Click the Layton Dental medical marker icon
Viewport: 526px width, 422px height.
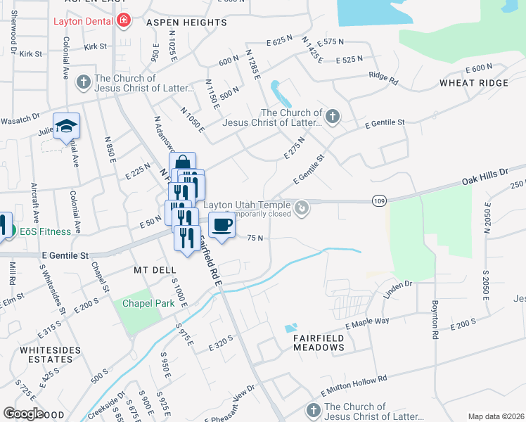click(x=124, y=20)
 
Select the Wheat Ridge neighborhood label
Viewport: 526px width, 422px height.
click(x=474, y=83)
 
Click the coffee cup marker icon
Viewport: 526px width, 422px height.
click(x=222, y=225)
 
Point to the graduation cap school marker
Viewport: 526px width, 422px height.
click(x=67, y=126)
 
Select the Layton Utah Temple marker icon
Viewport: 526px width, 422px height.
click(x=302, y=207)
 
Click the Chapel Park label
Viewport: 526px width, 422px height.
click(x=148, y=304)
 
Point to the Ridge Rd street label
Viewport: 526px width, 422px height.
click(x=383, y=79)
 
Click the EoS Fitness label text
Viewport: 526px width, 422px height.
click(x=45, y=231)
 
